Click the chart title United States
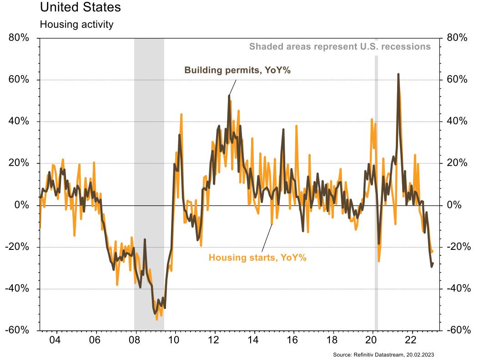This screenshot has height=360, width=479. tap(81, 8)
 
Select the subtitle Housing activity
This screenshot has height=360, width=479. tap(76, 25)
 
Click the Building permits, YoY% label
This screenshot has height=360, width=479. tap(237, 70)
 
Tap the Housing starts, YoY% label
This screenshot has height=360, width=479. tap(257, 258)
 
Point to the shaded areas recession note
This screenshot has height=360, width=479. tap(339, 46)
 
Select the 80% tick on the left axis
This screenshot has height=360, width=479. tap(19, 38)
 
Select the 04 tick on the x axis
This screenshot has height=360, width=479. tap(55, 340)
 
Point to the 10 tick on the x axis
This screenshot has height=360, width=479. tap(174, 340)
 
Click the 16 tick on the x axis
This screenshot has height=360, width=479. tap(293, 340)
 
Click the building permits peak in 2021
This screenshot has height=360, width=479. tap(398, 74)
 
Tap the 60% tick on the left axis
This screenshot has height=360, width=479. tap(19, 80)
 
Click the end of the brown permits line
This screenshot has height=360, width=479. tap(433, 263)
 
